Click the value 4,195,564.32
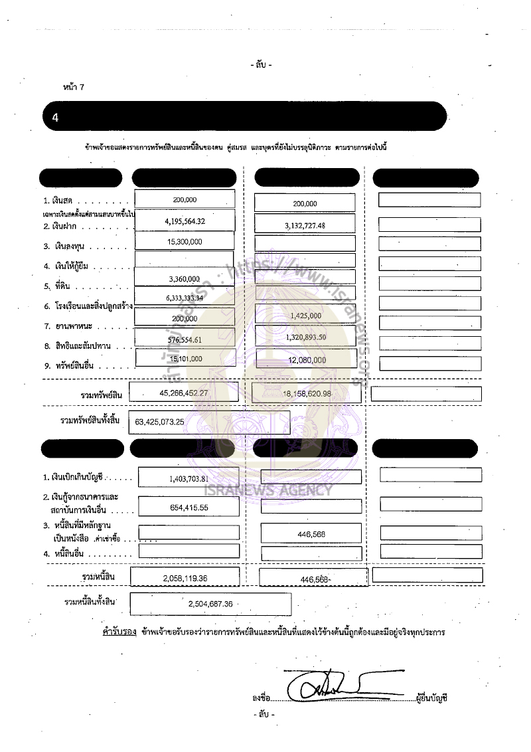(x=185, y=221)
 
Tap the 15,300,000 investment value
(x=185, y=242)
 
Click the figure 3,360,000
(x=185, y=279)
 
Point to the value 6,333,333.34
(x=185, y=298)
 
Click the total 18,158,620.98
(x=307, y=394)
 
